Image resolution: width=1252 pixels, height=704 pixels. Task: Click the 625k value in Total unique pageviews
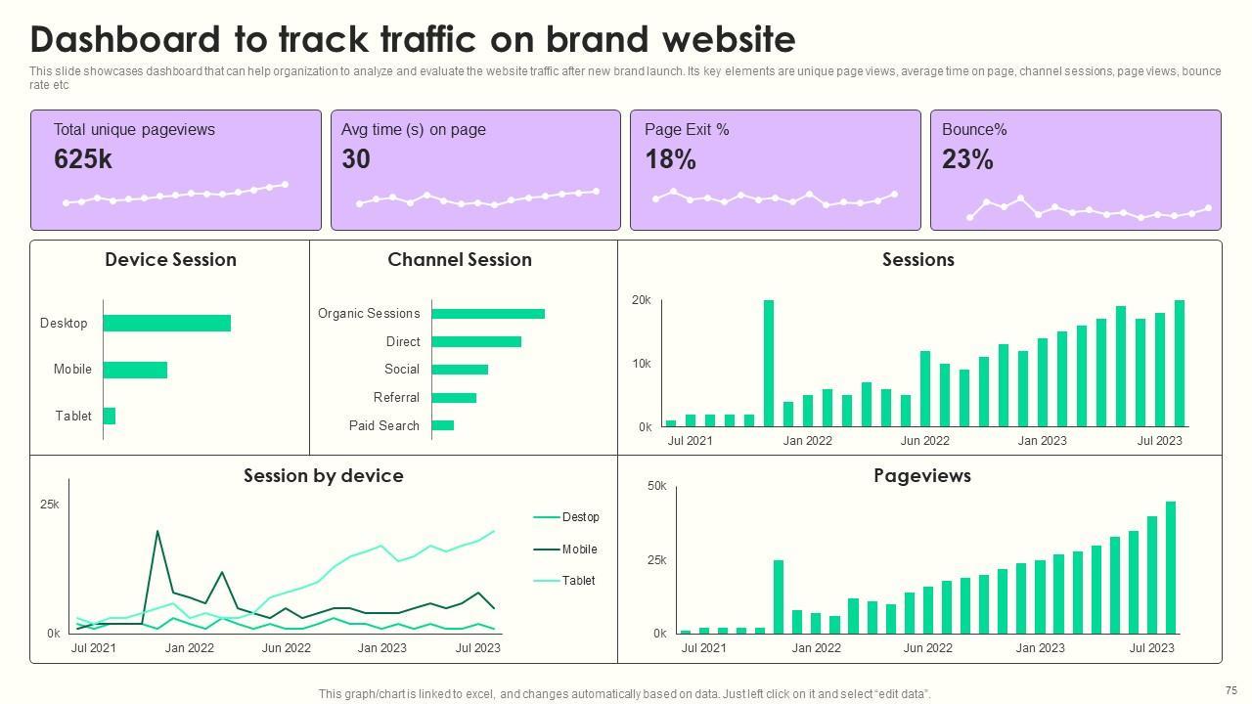83,159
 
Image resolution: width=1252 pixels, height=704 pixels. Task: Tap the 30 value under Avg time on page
356,159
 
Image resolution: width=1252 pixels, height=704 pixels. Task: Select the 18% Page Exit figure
670,159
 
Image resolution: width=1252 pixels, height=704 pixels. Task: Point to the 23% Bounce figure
967,159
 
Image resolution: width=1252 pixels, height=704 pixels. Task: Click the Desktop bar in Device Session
166,324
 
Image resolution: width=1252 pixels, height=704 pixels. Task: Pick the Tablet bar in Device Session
109,416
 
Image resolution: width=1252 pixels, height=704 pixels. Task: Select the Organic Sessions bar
487,314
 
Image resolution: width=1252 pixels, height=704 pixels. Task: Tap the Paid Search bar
442,425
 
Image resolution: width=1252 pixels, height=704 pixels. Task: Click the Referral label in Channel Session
396,398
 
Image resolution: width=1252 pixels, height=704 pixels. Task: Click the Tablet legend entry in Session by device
578,581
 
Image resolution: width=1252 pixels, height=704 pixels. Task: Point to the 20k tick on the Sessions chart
642,301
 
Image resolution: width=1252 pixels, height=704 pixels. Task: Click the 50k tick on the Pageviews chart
657,486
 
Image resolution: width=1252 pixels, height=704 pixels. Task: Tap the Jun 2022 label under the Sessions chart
924,441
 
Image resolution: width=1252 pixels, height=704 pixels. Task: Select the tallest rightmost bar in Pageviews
1171,567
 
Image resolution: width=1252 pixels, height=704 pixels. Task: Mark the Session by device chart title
323,476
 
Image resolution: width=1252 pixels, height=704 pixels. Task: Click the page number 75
1230,690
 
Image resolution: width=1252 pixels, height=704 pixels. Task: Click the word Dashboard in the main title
125,40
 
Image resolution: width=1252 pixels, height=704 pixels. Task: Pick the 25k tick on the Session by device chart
50,506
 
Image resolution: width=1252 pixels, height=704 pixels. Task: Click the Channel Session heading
460,260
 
